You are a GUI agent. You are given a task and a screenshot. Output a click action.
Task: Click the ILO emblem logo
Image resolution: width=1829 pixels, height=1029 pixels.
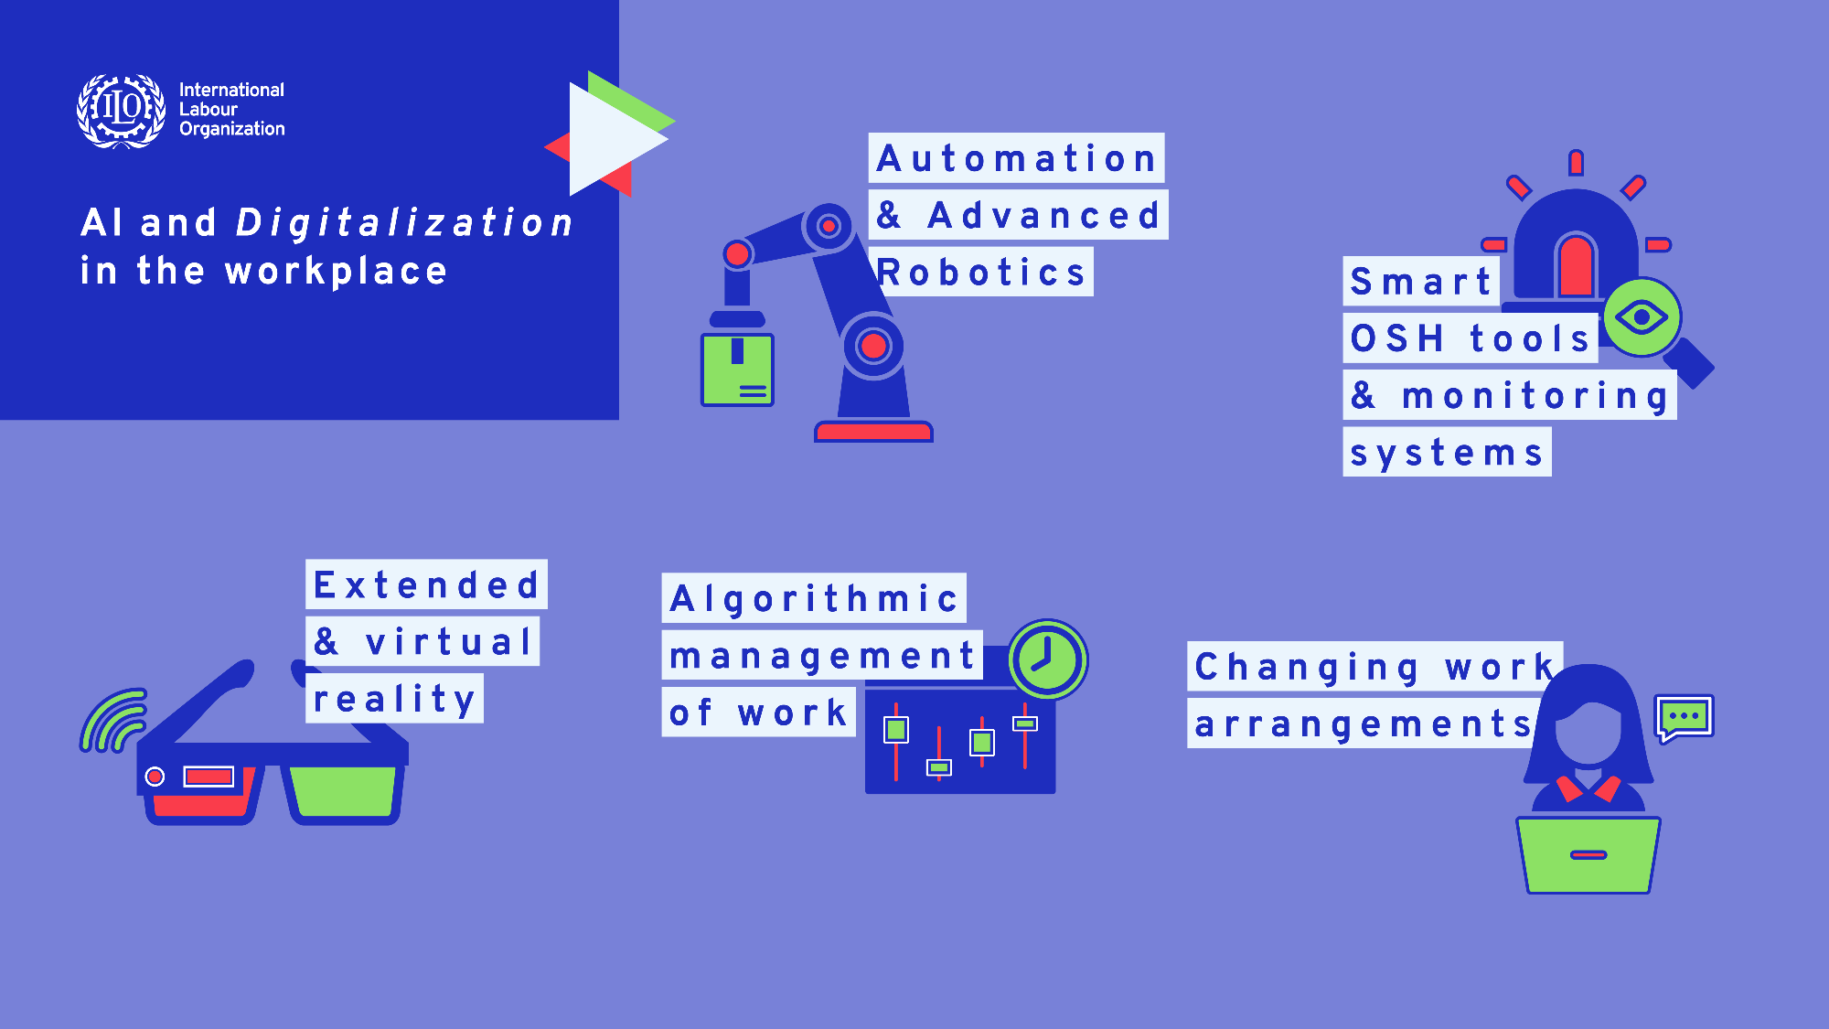point(122,111)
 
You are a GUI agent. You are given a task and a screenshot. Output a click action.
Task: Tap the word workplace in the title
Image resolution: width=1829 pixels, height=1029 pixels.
point(337,272)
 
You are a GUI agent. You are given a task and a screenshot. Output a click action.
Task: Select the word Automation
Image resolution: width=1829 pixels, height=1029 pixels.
point(1016,158)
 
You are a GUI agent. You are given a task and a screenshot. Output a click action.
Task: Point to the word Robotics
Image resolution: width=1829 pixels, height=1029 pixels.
point(980,272)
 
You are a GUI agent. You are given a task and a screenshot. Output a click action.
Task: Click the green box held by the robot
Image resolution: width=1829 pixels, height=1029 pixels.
point(737,370)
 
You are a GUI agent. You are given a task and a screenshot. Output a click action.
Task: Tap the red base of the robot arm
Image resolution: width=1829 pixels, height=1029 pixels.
point(873,432)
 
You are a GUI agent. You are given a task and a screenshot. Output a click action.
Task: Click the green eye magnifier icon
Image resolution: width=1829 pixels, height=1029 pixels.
point(1642,317)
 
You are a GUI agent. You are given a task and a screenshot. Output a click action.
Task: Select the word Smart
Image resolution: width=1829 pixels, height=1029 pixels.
point(1420,282)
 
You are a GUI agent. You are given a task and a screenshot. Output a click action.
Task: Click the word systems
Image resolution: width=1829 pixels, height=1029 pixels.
point(1447,454)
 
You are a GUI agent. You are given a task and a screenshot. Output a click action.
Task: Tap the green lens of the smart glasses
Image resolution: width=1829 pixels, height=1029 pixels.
point(343,791)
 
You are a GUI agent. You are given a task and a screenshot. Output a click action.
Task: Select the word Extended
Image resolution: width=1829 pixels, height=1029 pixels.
point(426,584)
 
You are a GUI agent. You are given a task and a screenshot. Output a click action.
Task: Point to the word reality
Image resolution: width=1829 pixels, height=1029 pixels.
point(394,700)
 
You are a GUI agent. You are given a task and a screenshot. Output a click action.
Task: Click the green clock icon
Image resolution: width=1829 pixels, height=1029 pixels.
point(1048,659)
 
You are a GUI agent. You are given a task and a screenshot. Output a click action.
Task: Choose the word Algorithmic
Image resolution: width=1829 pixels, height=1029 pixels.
point(814,599)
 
